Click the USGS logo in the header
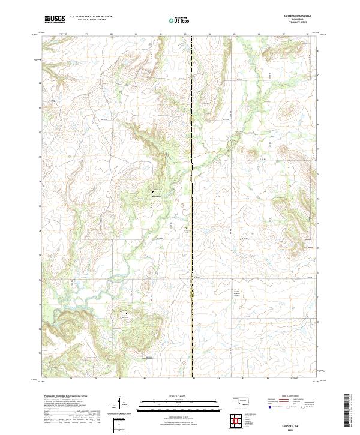point(55,19)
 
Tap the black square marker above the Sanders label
point(153,192)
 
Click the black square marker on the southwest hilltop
point(125,313)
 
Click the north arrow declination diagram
point(119,403)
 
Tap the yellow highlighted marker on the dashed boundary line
point(192,293)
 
